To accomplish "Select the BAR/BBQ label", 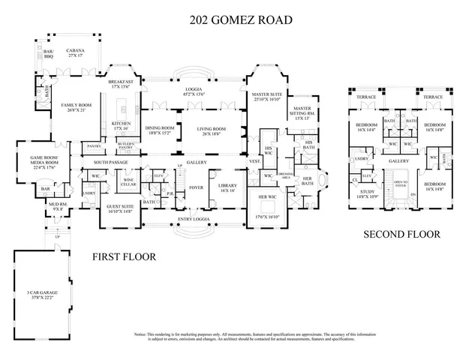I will [x=40, y=54].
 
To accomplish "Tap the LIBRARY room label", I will [x=227, y=187].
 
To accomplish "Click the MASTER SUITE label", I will [x=265, y=95].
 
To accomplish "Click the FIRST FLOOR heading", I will [x=124, y=257].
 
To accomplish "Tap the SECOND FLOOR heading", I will [x=401, y=235].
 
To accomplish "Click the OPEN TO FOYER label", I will [x=400, y=184].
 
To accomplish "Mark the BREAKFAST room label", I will [x=121, y=83].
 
